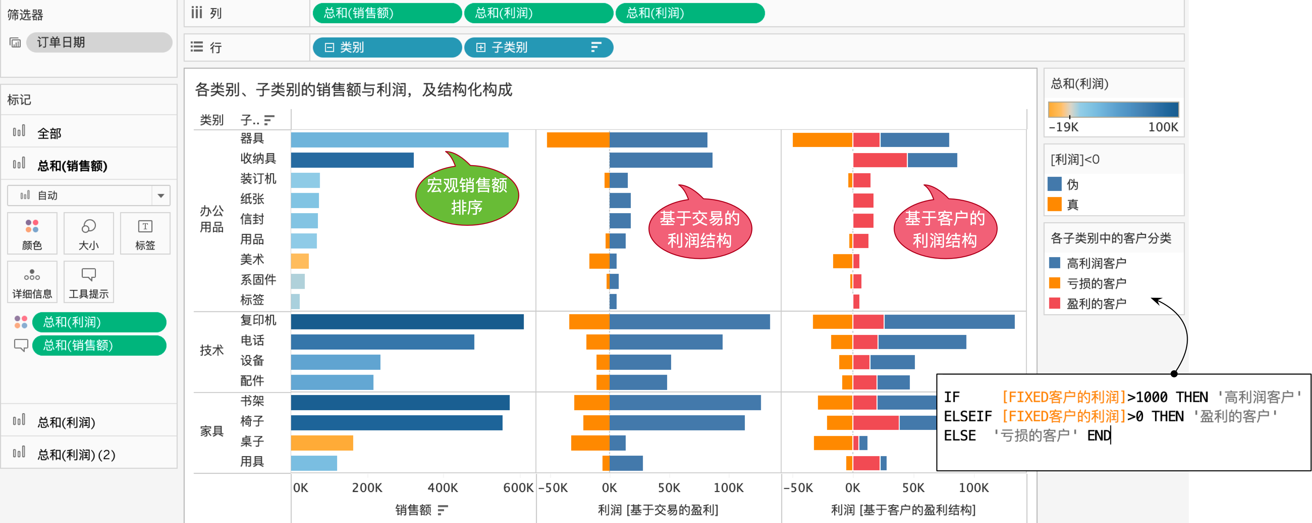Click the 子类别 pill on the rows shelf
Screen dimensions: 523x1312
(x=537, y=47)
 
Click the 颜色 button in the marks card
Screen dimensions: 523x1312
(x=32, y=233)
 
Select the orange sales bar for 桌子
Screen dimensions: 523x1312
(x=322, y=443)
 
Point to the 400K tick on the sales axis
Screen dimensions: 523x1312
(x=442, y=488)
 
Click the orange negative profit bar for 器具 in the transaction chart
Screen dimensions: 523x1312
(x=578, y=140)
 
